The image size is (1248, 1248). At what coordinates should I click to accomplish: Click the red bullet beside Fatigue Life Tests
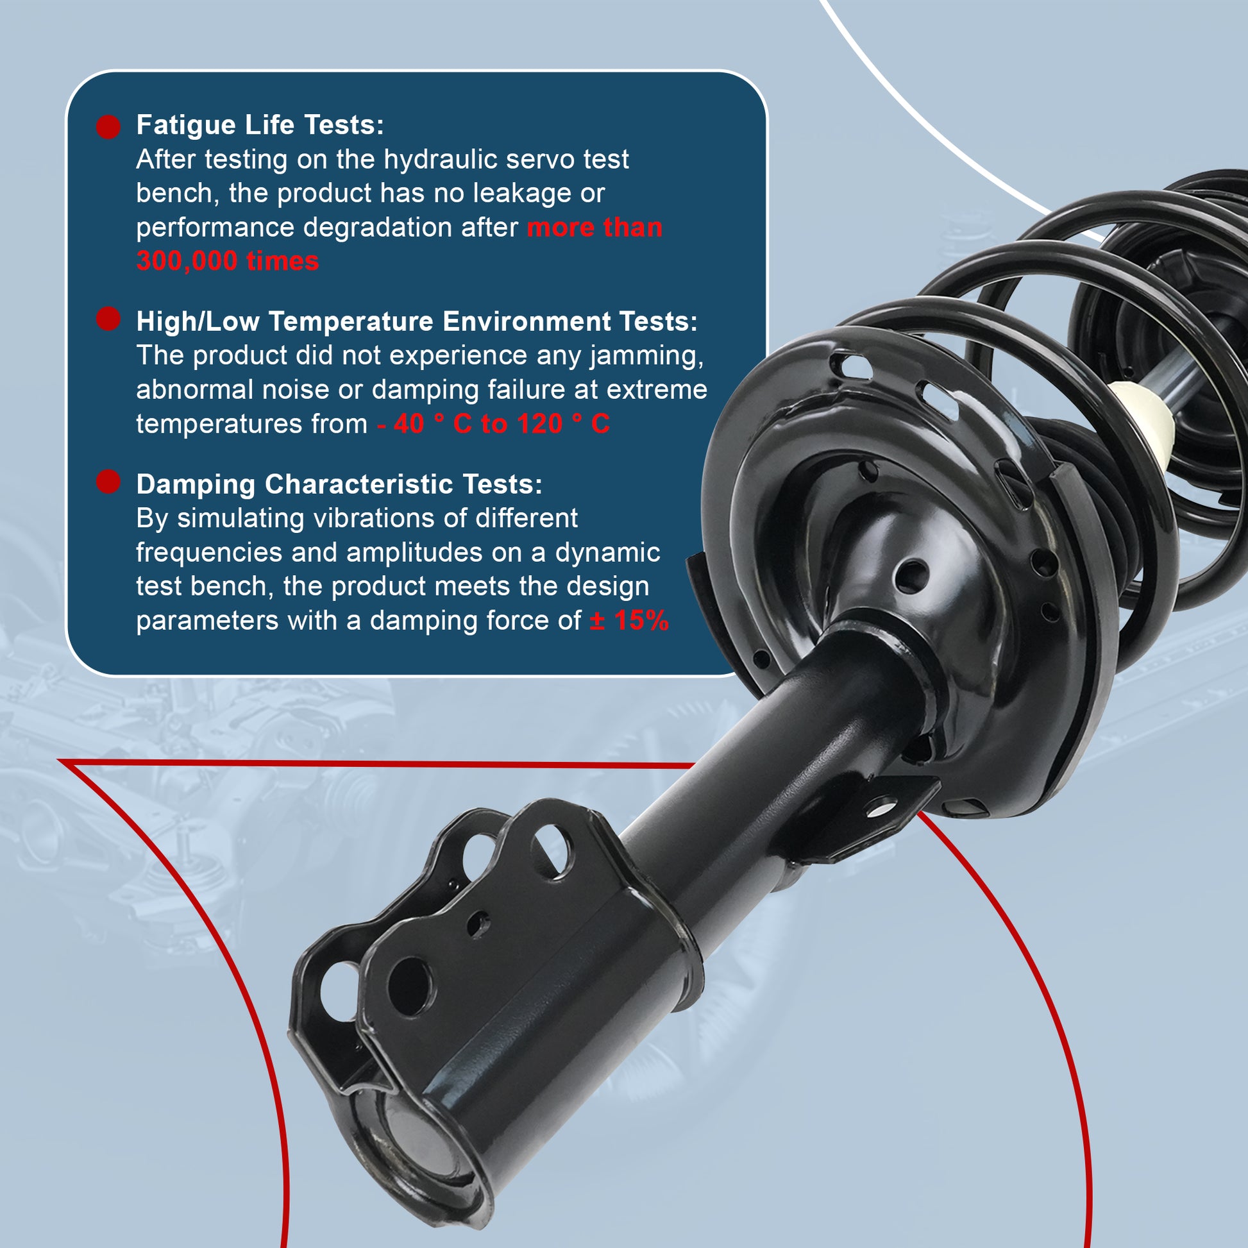pos(108,126)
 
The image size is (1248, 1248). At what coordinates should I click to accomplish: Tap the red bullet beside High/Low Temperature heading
pos(108,319)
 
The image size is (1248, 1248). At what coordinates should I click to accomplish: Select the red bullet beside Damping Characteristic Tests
pos(108,482)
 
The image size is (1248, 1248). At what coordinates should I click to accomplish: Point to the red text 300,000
pos(187,262)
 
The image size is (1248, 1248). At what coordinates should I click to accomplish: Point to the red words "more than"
pos(594,228)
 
